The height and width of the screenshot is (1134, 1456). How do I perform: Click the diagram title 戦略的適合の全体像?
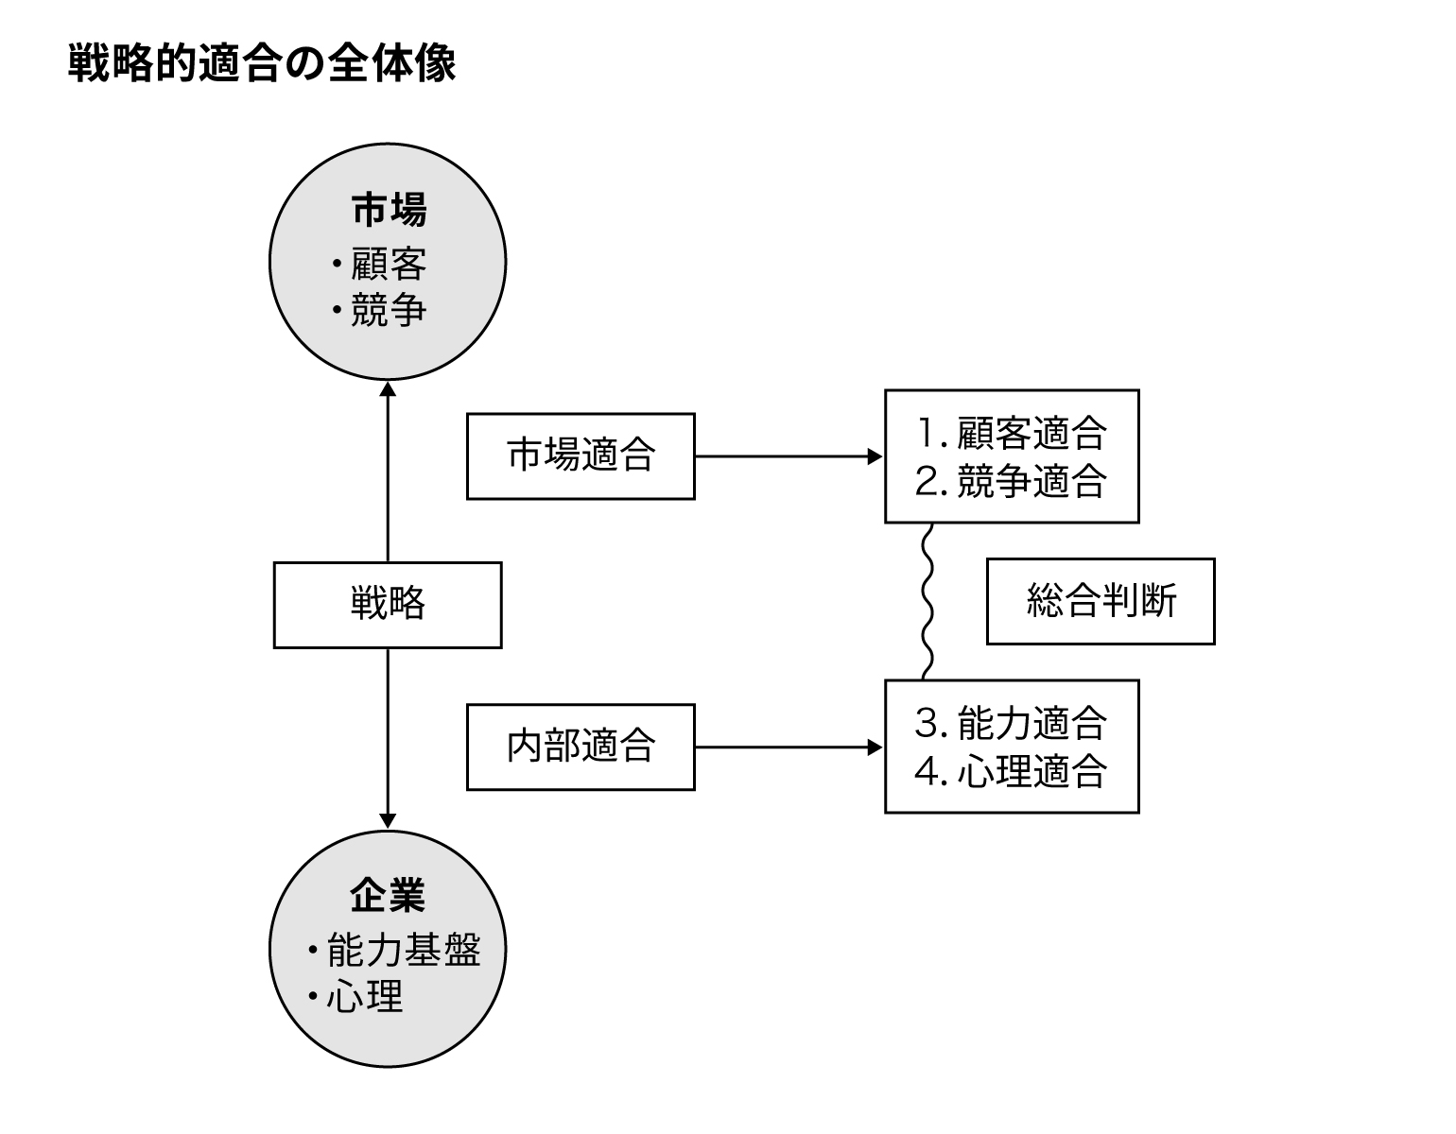[x=262, y=64]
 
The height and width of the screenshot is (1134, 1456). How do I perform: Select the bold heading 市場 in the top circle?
[x=389, y=209]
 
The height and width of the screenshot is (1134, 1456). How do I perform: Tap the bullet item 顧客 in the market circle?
[x=388, y=264]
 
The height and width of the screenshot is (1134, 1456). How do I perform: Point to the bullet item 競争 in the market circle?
[x=388, y=310]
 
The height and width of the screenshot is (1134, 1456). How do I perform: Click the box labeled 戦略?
[x=388, y=605]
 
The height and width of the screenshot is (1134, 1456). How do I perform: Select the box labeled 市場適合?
[x=581, y=455]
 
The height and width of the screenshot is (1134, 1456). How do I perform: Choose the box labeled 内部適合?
[x=581, y=747]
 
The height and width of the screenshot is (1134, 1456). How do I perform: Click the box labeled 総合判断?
[x=1101, y=601]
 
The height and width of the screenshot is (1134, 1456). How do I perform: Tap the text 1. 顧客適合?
[x=1012, y=433]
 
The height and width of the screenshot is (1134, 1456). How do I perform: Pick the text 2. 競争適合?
[x=1012, y=481]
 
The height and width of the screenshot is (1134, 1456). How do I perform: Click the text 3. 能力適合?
[x=1012, y=723]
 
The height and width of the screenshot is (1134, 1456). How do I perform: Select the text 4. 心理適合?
[x=1012, y=771]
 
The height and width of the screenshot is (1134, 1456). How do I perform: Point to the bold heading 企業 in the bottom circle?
[x=388, y=895]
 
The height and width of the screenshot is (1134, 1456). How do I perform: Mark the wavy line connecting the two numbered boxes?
[x=927, y=601]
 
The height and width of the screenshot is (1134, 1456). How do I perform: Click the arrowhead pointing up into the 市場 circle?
[x=388, y=387]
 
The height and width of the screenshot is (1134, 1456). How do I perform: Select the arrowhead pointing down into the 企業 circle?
[x=388, y=821]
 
